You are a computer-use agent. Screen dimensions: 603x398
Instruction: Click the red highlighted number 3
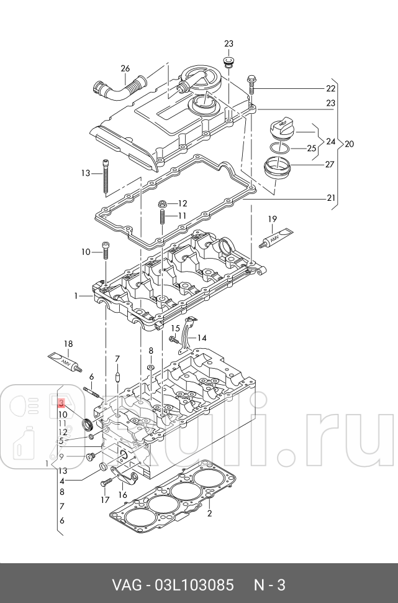62,403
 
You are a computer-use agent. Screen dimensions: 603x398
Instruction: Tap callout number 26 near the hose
125,68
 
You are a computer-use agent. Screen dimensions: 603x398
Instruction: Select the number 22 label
330,88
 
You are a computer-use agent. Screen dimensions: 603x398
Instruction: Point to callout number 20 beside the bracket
349,144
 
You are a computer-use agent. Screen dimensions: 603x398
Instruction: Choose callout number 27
330,165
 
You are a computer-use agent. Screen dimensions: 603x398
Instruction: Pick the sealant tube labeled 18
64,360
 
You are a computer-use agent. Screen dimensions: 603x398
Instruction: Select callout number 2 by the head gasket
210,513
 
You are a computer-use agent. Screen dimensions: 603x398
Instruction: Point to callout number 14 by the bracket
201,338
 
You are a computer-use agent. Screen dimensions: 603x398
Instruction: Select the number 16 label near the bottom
123,495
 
